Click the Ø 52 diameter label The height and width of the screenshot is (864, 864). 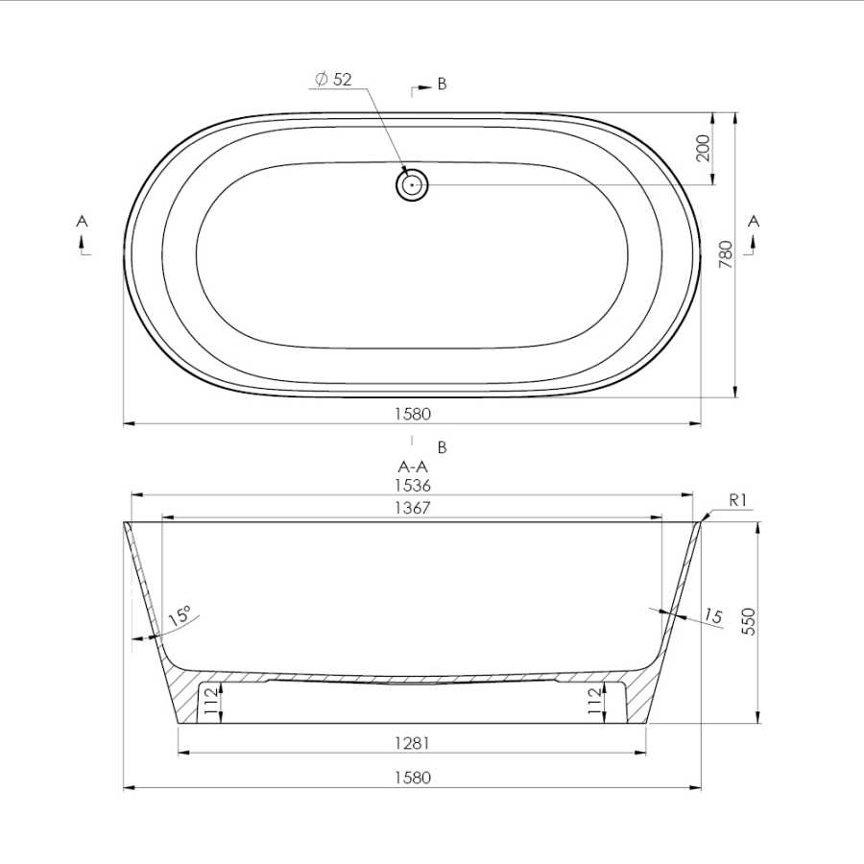point(333,80)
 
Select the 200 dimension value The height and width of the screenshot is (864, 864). point(703,148)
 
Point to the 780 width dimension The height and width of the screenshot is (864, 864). point(727,254)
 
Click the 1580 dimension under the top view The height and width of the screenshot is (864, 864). point(413,414)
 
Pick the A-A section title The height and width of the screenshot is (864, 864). point(413,467)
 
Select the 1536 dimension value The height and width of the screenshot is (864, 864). point(413,486)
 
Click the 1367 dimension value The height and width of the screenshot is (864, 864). point(413,508)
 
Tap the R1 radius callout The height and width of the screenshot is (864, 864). point(737,500)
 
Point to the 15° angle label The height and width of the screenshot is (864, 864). point(180,614)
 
